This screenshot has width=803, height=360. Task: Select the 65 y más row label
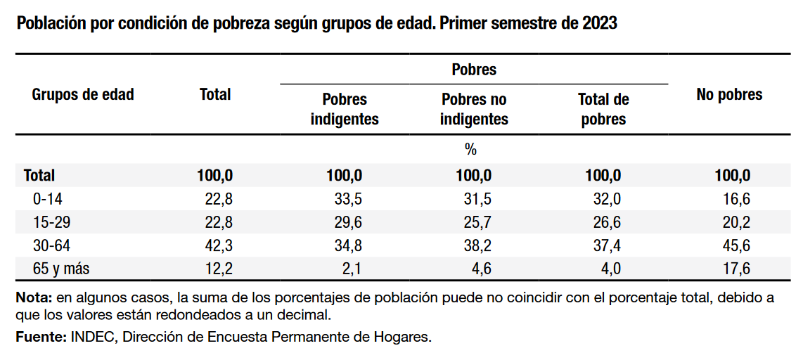click(61, 268)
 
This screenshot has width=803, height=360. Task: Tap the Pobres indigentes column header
click(345, 109)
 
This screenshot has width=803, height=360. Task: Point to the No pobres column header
click(729, 95)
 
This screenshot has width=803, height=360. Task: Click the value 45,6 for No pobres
click(736, 245)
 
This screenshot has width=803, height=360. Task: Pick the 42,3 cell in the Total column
click(218, 245)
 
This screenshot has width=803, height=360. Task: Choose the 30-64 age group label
click(52, 245)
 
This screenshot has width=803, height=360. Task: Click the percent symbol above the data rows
click(470, 149)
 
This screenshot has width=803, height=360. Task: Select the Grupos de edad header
click(83, 94)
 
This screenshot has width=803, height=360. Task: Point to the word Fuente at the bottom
click(41, 337)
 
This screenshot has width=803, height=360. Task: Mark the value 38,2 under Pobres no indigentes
click(477, 245)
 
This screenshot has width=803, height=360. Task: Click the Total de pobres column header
click(603, 109)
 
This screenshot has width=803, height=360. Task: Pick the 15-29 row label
click(52, 222)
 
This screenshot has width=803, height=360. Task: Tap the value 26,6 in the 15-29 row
click(607, 222)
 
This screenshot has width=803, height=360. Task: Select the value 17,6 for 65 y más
click(736, 268)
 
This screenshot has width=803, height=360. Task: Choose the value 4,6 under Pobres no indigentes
click(481, 268)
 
